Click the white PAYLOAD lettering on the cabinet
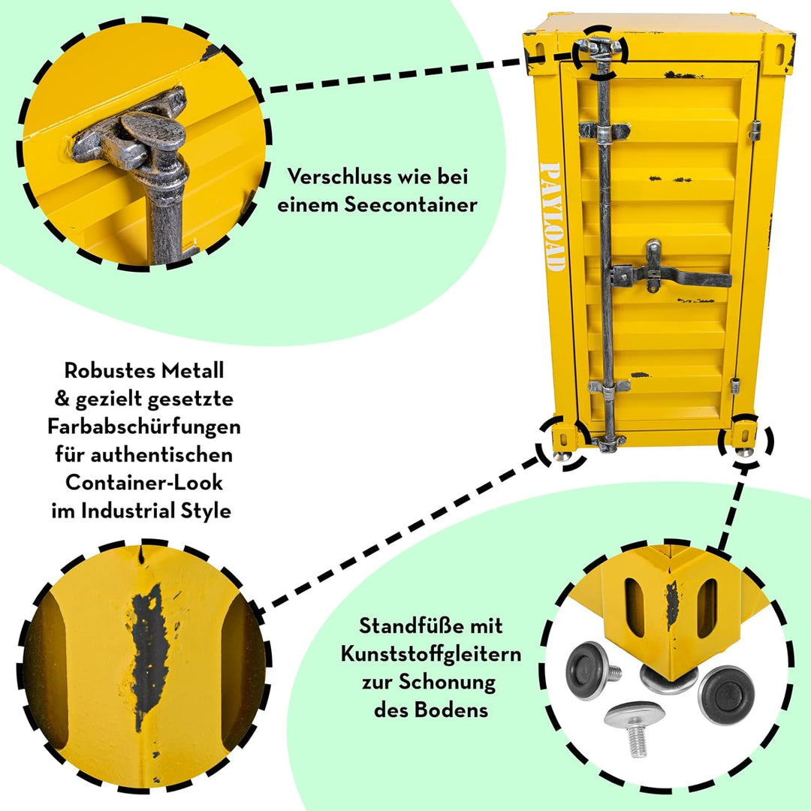pyautogui.click(x=551, y=217)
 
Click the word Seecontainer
pyautogui.click(x=412, y=205)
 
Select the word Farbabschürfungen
pyautogui.click(x=144, y=427)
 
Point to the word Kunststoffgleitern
pyautogui.click(x=431, y=654)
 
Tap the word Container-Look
pyautogui.click(x=143, y=483)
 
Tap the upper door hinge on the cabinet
pyautogui.click(x=755, y=131)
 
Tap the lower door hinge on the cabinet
pyautogui.click(x=735, y=386)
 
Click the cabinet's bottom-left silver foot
pyautogui.click(x=561, y=456)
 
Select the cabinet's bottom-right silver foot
pyautogui.click(x=744, y=451)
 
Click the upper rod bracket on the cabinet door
pyautogui.click(x=604, y=131)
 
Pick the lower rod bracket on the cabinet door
pyautogui.click(x=609, y=386)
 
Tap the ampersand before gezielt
pyautogui.click(x=62, y=399)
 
